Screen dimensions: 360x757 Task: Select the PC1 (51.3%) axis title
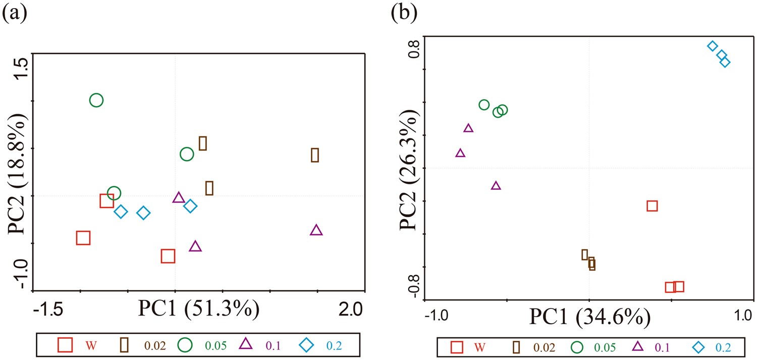tap(199, 308)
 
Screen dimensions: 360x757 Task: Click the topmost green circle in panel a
tap(96, 100)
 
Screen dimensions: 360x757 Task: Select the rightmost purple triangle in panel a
tap(316, 231)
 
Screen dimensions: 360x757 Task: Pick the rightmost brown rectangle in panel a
tap(315, 155)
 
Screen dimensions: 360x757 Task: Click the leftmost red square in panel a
tap(83, 238)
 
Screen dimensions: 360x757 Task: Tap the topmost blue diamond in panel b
tap(712, 46)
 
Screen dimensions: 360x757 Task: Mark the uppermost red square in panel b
tap(652, 205)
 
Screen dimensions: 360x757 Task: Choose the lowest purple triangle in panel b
tap(496, 186)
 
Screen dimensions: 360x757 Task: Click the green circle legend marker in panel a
tap(186, 345)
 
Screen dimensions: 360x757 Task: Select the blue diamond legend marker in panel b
tap(698, 347)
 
